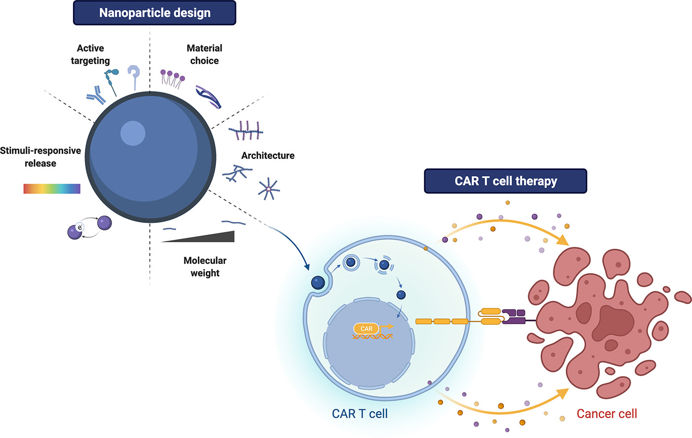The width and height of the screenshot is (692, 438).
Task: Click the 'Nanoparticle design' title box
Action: (154, 13)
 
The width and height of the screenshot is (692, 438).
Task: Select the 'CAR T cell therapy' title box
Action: (505, 181)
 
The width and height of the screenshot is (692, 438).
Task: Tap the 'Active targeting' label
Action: (90, 54)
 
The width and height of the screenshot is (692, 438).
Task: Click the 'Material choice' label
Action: (204, 54)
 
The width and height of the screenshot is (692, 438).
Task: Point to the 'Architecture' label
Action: (268, 155)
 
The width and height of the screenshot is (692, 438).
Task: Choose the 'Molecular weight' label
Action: (205, 266)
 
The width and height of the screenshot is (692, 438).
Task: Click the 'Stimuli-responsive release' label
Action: (40, 157)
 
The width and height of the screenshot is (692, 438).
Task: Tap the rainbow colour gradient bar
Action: (52, 188)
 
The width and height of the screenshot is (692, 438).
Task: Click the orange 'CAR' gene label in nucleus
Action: (366, 329)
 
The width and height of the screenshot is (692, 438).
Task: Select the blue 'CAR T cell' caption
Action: (359, 414)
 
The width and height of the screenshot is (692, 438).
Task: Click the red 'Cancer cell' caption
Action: (607, 414)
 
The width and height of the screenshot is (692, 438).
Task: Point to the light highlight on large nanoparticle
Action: (133, 133)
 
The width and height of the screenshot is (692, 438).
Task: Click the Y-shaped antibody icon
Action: (96, 95)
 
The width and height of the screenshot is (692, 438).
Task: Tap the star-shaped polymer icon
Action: (269, 189)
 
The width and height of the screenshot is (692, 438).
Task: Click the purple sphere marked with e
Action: (75, 231)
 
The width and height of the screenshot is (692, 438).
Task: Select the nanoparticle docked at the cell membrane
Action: (318, 283)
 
